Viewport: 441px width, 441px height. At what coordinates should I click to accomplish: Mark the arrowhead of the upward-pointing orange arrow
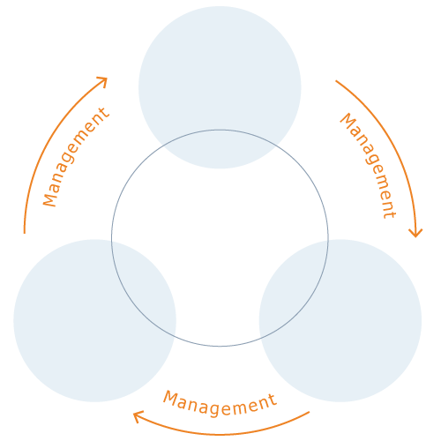tap(103, 81)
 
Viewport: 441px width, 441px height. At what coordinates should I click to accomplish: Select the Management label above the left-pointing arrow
tap(220, 403)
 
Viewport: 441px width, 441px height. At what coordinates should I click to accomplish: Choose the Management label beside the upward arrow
tap(76, 157)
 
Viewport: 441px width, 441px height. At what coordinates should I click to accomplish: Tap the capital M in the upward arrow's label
tap(49, 199)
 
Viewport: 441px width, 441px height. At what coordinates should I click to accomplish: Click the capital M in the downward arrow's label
tap(348, 122)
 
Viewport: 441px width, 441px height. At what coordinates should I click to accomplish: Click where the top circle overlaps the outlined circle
tap(220, 149)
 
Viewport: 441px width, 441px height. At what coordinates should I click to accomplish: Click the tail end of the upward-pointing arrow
tap(25, 234)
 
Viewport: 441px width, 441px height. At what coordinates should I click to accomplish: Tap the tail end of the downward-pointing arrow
tap(336, 80)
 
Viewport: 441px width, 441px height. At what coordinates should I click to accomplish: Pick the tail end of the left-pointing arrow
tap(310, 412)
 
